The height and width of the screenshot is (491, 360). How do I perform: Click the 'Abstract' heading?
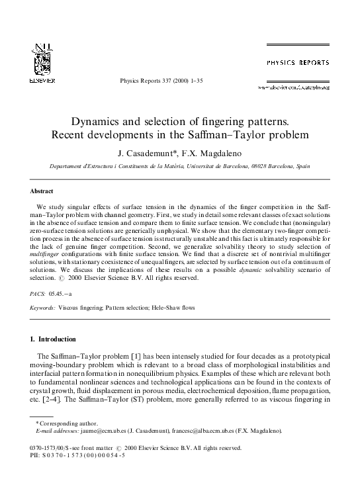click(x=41, y=191)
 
